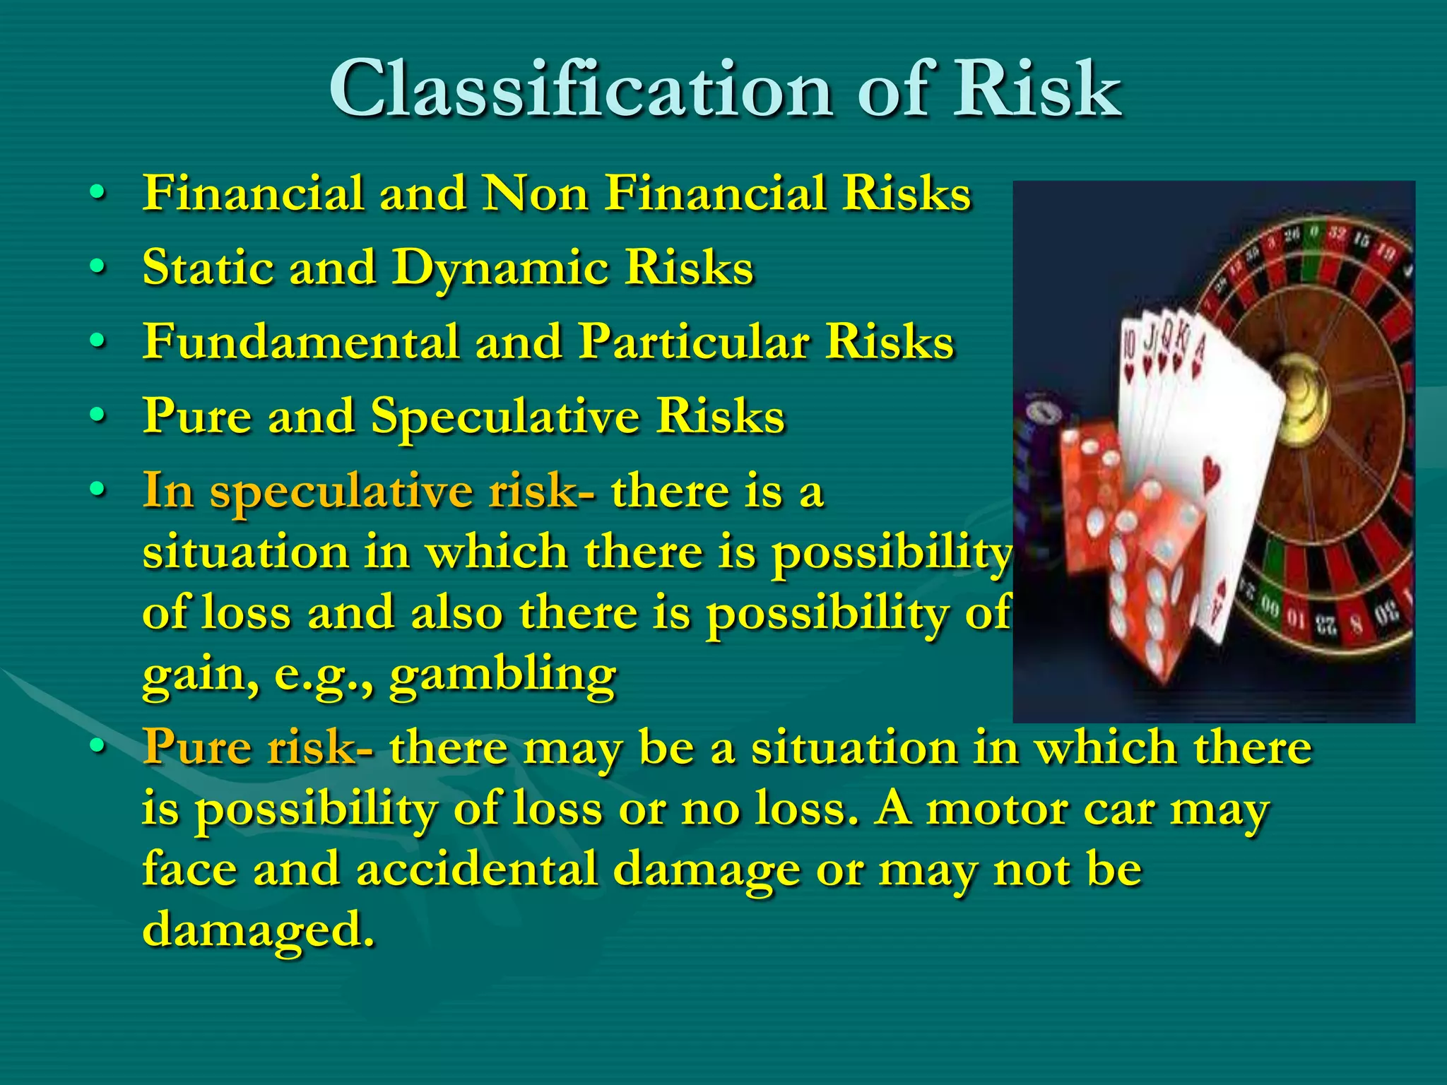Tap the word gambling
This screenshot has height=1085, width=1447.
click(x=502, y=675)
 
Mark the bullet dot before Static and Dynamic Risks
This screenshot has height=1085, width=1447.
click(x=98, y=267)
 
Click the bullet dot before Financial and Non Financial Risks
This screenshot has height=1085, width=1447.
click(x=98, y=192)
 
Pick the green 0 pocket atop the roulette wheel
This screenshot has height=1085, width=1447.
click(x=1313, y=232)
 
